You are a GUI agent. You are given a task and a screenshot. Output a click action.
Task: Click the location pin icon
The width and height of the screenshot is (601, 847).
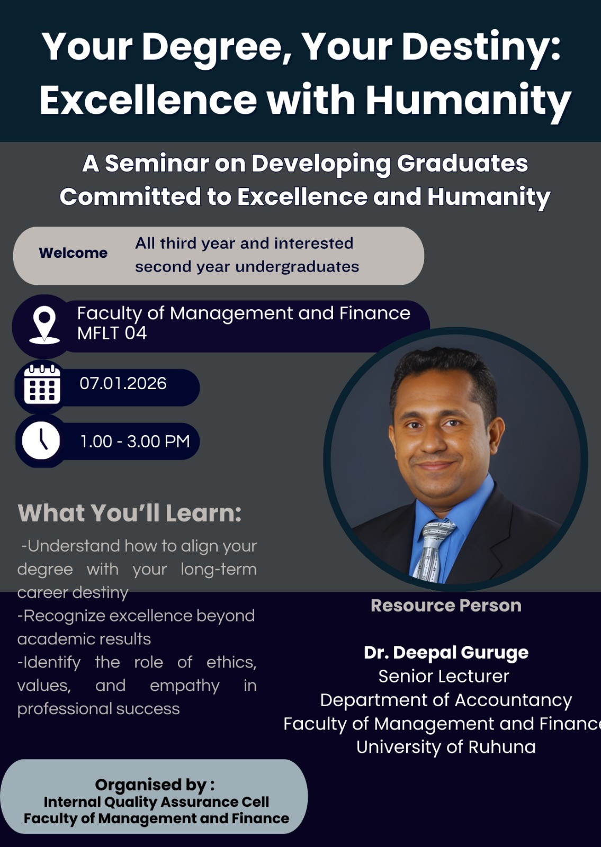pyautogui.click(x=44, y=325)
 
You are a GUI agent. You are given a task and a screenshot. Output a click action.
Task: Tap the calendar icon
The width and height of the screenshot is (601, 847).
pyautogui.click(x=42, y=384)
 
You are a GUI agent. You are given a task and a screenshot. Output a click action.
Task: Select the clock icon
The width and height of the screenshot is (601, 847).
pyautogui.click(x=41, y=440)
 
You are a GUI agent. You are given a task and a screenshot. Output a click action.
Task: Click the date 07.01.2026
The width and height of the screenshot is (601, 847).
pyautogui.click(x=123, y=383)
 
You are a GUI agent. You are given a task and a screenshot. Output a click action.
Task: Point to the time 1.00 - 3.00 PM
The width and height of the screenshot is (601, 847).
pyautogui.click(x=135, y=441)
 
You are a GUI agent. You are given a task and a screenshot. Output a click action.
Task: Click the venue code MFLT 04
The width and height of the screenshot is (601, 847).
pyautogui.click(x=112, y=334)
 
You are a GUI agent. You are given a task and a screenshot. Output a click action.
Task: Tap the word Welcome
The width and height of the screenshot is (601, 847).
pyautogui.click(x=74, y=253)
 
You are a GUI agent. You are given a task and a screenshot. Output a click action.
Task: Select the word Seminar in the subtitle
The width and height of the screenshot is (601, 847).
pyautogui.click(x=157, y=164)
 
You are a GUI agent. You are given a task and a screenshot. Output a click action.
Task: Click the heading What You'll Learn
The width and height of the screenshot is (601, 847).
pyautogui.click(x=129, y=513)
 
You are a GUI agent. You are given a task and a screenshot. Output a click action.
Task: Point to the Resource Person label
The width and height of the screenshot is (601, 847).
pyautogui.click(x=446, y=606)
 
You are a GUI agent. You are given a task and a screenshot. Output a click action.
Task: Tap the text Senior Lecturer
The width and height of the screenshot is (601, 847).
pyautogui.click(x=444, y=677)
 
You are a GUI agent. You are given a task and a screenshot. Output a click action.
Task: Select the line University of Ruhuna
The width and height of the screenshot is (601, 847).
pyautogui.click(x=446, y=747)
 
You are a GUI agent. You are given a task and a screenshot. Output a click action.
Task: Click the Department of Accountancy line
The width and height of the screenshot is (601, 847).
pyautogui.click(x=446, y=700)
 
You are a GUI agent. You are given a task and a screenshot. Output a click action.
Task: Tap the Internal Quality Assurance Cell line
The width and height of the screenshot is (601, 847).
pyautogui.click(x=156, y=802)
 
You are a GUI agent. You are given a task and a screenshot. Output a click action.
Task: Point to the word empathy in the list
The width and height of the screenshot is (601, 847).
pyautogui.click(x=185, y=686)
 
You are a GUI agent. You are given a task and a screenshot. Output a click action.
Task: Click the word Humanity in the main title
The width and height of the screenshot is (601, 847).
pyautogui.click(x=468, y=100)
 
